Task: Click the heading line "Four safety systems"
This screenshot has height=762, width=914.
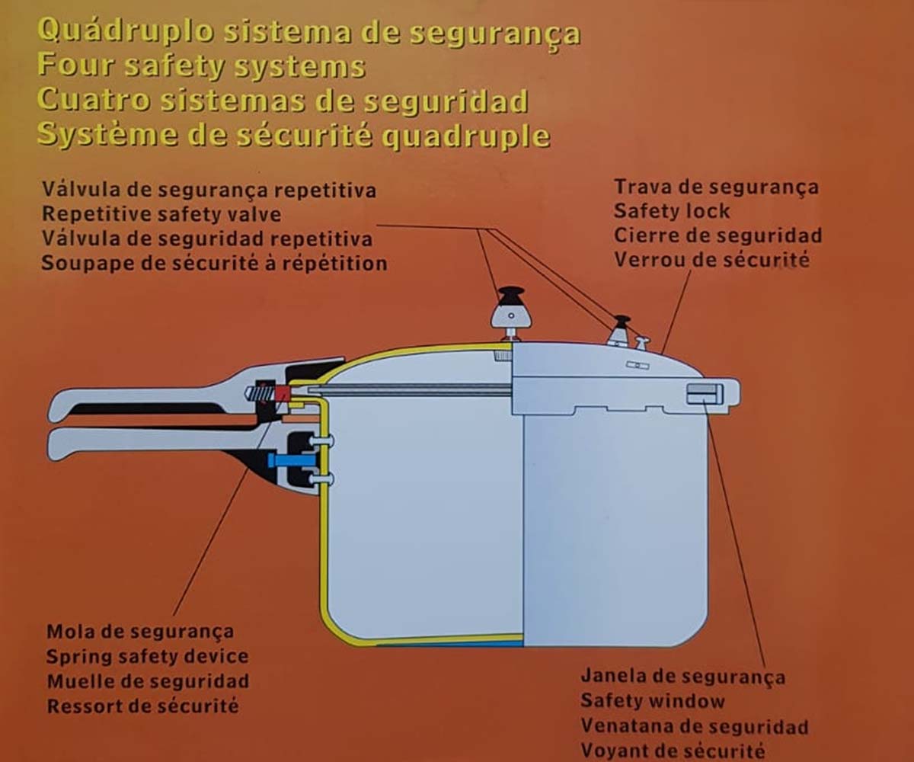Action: coord(202,66)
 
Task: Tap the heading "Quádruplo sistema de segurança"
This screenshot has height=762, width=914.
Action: coord(309,34)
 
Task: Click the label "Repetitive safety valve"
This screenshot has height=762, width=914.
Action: coord(161,214)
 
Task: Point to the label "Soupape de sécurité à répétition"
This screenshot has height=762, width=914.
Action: coord(215,263)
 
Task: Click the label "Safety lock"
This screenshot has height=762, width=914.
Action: coord(672,210)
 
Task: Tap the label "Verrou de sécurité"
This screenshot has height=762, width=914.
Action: coord(711,260)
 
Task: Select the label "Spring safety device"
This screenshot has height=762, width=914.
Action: coord(148,656)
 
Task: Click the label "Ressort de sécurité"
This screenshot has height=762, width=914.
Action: coord(143,706)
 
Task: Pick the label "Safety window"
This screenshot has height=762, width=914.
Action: coord(653,701)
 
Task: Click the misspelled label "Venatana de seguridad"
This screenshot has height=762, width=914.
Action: coord(695,725)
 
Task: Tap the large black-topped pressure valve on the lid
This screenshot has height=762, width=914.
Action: coord(511,313)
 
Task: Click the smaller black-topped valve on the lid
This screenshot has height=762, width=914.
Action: coord(622,330)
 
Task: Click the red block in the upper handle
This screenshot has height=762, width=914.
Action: coord(283,393)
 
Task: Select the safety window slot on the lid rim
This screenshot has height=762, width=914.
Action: coord(705,394)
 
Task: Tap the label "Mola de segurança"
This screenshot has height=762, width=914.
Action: coord(140,632)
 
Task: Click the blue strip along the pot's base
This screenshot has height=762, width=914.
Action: coord(450,644)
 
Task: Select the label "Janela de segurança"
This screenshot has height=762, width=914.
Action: coord(683,677)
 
